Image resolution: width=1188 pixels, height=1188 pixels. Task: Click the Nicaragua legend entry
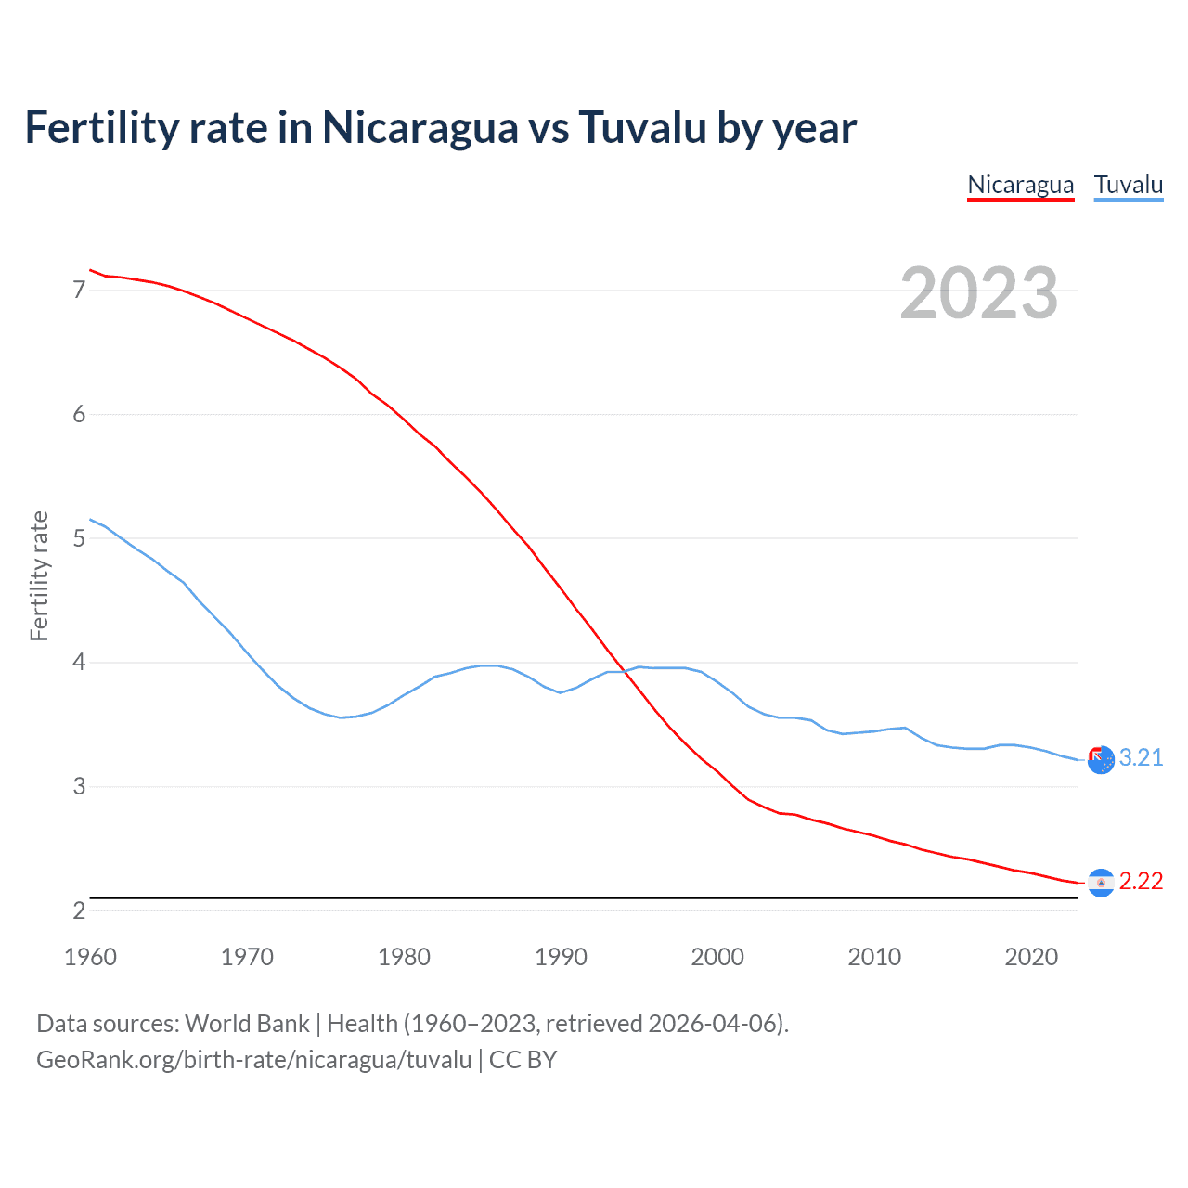(1020, 185)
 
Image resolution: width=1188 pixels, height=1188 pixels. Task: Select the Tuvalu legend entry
(1128, 185)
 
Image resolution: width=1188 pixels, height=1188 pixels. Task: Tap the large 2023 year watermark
(978, 293)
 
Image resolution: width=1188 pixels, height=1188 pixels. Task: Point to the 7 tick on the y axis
(79, 291)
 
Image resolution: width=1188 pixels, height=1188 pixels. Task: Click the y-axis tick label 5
(79, 538)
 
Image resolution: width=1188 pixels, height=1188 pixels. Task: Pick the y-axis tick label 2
(79, 910)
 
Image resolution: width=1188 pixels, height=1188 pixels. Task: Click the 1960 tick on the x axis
(90, 957)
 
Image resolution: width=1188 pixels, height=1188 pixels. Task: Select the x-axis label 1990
(561, 957)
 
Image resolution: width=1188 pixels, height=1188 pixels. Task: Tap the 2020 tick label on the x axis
(1031, 957)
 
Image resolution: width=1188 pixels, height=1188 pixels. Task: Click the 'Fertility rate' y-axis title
(39, 575)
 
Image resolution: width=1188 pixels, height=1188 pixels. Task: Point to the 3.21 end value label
(1141, 757)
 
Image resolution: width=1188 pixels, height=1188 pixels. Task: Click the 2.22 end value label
(1141, 881)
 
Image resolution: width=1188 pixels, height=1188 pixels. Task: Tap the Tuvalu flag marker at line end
(1101, 760)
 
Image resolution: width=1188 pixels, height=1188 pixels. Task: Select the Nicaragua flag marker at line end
(1101, 883)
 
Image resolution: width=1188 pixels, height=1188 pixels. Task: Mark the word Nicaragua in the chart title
(420, 127)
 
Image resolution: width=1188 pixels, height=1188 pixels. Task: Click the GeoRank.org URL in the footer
(253, 1060)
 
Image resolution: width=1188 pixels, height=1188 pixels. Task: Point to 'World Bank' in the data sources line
(247, 1024)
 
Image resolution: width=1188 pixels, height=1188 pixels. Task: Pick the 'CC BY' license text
(523, 1060)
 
